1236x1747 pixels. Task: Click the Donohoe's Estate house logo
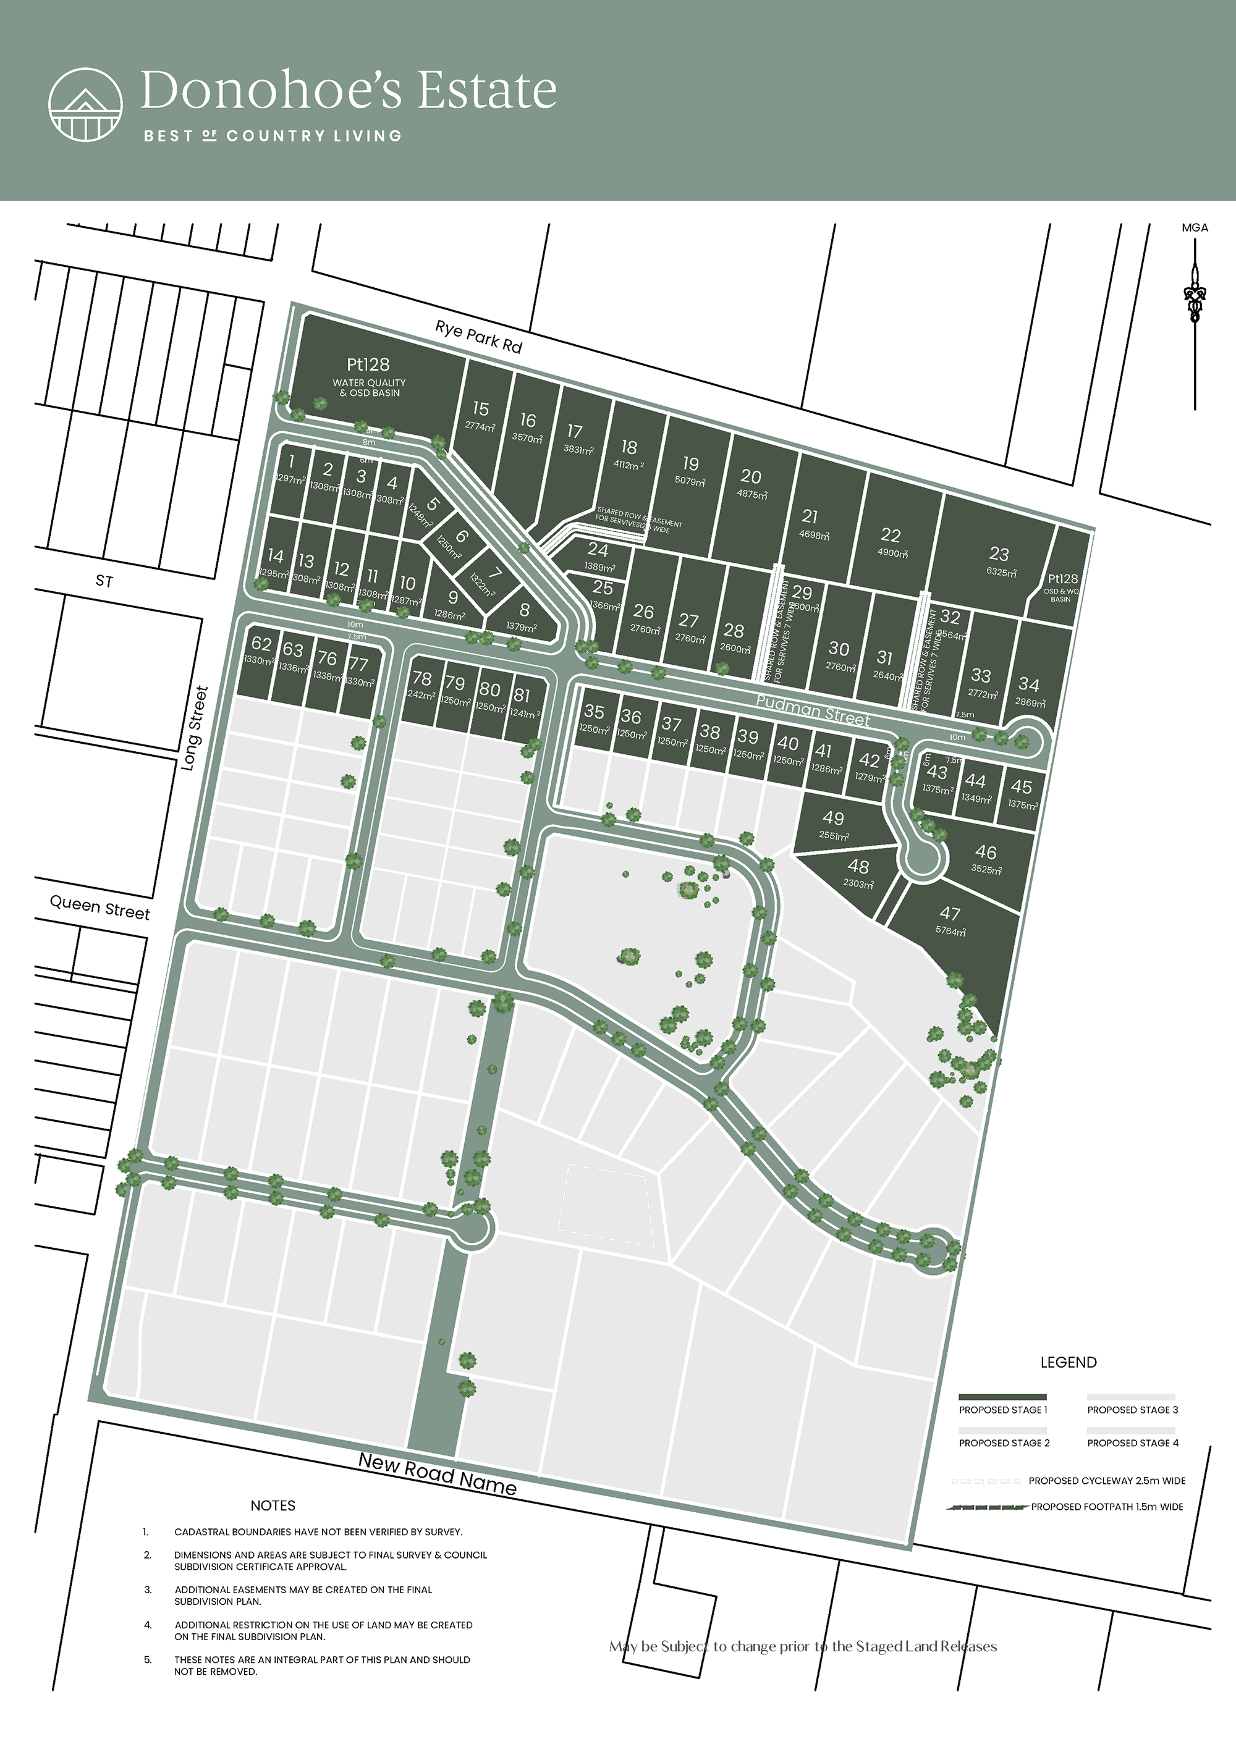pyautogui.click(x=85, y=105)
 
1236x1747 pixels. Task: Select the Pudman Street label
pyautogui.click(x=813, y=710)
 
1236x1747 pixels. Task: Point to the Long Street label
pyautogui.click(x=195, y=728)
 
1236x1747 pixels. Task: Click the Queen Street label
pyautogui.click(x=99, y=907)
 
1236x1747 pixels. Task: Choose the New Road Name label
pyautogui.click(x=437, y=1475)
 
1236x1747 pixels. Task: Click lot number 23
pyautogui.click(x=999, y=554)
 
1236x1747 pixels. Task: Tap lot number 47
pyautogui.click(x=949, y=913)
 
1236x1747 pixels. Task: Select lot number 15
pyautogui.click(x=480, y=408)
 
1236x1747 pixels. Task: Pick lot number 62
pyautogui.click(x=261, y=644)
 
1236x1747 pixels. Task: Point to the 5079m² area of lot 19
pyautogui.click(x=690, y=482)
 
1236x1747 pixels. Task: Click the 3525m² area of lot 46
pyautogui.click(x=986, y=870)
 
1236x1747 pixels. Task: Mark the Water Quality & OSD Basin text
pyautogui.click(x=369, y=388)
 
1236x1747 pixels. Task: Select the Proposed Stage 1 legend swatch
pyautogui.click(x=1002, y=1397)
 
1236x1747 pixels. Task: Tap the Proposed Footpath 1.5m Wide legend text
pyautogui.click(x=1107, y=1507)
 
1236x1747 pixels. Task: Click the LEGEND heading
pyautogui.click(x=1068, y=1362)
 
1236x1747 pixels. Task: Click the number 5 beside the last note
pyautogui.click(x=148, y=1659)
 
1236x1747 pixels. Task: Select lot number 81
pyautogui.click(x=522, y=695)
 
